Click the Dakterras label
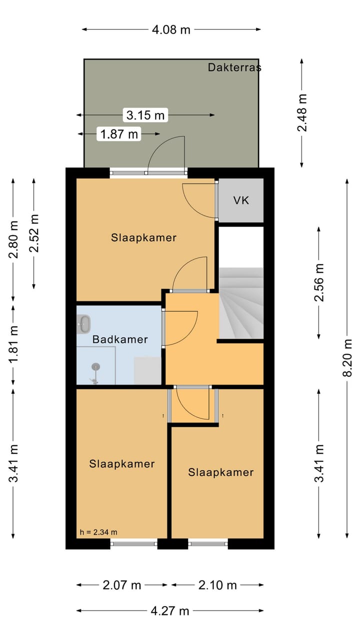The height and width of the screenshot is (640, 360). (234, 67)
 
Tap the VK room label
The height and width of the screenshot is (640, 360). (241, 200)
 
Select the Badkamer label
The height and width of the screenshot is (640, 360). (120, 339)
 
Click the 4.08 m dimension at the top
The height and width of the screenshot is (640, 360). (171, 29)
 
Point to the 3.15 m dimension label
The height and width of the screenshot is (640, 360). (145, 115)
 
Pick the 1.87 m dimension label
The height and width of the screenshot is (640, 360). (119, 134)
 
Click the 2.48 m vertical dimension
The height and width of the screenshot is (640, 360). (302, 112)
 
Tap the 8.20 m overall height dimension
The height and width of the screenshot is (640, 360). (347, 357)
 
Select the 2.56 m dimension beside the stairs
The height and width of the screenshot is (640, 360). (319, 282)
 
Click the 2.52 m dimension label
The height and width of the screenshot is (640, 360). (34, 233)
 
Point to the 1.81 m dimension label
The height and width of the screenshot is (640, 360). (13, 343)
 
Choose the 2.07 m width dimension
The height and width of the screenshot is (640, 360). (122, 585)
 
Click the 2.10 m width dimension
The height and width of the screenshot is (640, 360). (217, 585)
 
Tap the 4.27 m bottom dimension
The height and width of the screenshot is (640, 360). (170, 611)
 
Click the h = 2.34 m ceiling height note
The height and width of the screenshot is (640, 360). (98, 532)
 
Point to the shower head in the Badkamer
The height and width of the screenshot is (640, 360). (95, 366)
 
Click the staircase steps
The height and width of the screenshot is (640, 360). (241, 303)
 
